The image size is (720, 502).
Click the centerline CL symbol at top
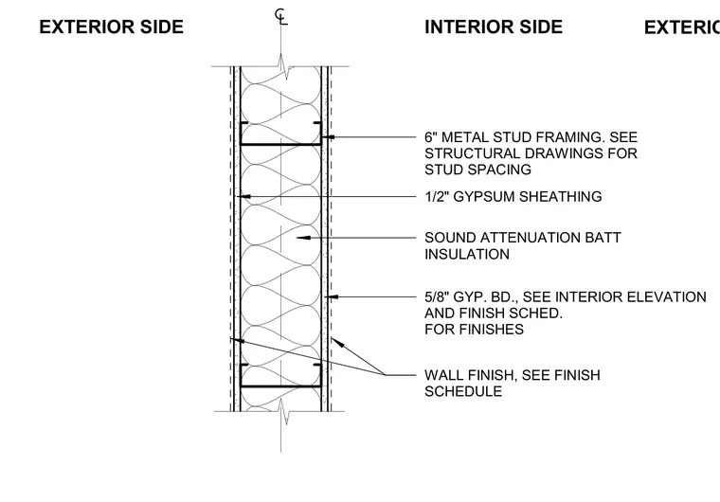coord(280,16)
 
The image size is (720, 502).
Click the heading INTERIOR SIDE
coord(494,27)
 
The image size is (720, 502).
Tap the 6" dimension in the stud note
coord(431,137)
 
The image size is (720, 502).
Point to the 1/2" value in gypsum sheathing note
coord(437,197)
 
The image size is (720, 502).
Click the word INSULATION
coord(467,255)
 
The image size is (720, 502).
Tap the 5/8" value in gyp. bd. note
coord(437,297)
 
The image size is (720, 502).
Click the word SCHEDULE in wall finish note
coord(463,391)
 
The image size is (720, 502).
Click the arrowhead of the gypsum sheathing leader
coord(243,197)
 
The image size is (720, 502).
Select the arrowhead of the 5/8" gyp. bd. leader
coord(332,297)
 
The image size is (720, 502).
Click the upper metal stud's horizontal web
coord(280,145)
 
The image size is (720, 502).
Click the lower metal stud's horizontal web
coord(280,386)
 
